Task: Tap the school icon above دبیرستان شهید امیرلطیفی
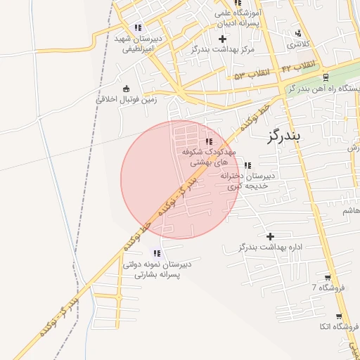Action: (x=138, y=27)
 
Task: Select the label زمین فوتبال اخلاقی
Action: (x=127, y=99)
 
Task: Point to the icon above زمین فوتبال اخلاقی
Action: (x=126, y=89)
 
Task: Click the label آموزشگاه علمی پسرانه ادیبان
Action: (x=239, y=18)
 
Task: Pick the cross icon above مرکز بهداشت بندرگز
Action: (x=223, y=39)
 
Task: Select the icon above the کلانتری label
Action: (x=299, y=32)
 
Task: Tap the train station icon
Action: (x=326, y=77)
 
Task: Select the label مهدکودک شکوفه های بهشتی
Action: (x=209, y=156)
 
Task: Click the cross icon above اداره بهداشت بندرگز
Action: (x=270, y=236)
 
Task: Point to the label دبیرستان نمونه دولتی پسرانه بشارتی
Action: (x=156, y=269)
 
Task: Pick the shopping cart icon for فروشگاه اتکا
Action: (x=339, y=317)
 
